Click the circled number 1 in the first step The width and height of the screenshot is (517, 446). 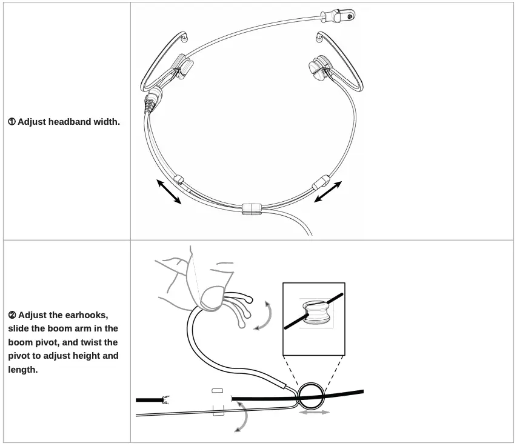click(12, 122)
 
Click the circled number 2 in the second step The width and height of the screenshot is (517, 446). click(12, 315)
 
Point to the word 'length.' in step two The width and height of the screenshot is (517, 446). click(23, 370)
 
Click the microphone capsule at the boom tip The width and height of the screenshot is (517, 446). click(338, 16)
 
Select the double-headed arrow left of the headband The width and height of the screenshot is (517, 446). click(169, 192)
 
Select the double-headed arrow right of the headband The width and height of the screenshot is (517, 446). click(328, 192)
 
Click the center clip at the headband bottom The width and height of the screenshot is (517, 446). click(252, 209)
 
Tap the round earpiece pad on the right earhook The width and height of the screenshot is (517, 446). click(317, 68)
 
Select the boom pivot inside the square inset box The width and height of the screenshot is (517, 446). click(316, 312)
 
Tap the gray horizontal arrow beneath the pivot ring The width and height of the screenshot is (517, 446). click(314, 412)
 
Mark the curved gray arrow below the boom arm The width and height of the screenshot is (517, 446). click(245, 416)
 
